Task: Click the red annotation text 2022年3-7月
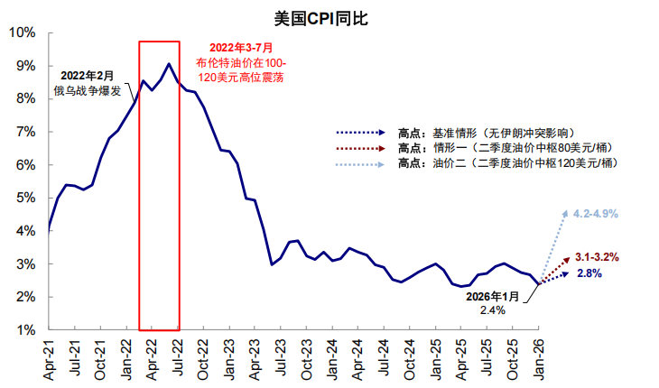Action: pos(241,47)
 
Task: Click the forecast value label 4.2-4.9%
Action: pos(596,214)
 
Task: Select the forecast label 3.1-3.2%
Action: pos(597,257)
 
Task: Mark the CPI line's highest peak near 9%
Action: pos(169,63)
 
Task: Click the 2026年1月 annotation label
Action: pos(493,296)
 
